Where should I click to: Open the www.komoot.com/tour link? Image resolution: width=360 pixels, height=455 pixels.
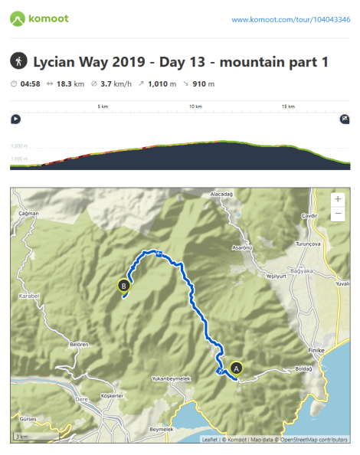(x=290, y=19)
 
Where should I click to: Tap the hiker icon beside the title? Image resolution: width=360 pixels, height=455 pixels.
(x=18, y=61)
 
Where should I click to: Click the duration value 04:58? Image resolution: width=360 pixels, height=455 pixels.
(x=31, y=83)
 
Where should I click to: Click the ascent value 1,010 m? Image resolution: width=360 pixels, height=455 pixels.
(x=168, y=83)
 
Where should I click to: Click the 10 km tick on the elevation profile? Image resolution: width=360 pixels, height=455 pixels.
(x=195, y=107)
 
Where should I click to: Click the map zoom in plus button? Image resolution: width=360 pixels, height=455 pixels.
(x=338, y=198)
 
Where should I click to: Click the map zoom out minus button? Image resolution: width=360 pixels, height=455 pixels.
(x=338, y=214)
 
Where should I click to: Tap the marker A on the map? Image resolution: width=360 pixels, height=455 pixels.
(x=236, y=368)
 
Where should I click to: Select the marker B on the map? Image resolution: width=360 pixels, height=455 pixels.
(x=123, y=286)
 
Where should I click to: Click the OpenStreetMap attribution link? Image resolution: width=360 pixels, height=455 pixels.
(x=312, y=440)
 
